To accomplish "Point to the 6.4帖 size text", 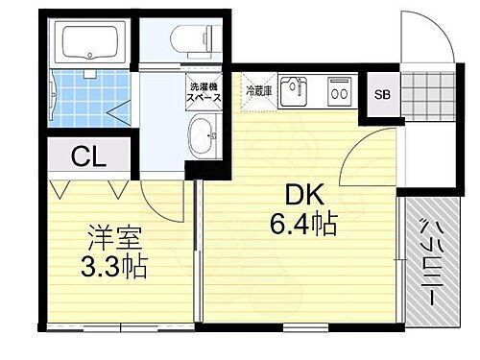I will pyautogui.click(x=302, y=225).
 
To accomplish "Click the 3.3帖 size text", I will pyautogui.click(x=110, y=266).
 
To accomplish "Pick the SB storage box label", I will pyautogui.click(x=382, y=94).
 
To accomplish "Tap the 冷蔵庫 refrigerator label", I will pyautogui.click(x=259, y=92).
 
